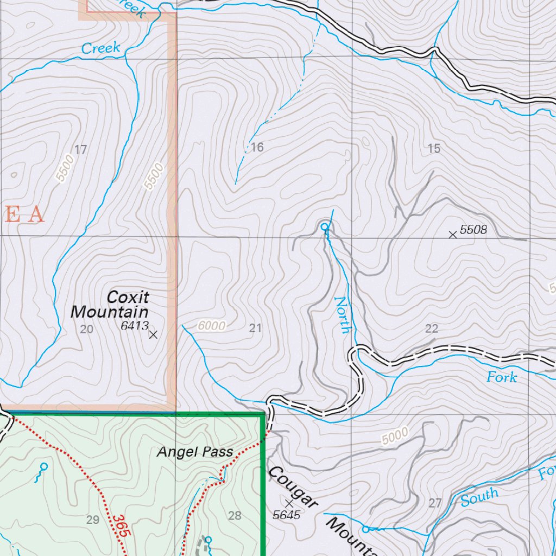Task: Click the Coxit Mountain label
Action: point(110,305)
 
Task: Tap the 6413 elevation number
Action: point(135,326)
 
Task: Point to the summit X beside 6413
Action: point(153,334)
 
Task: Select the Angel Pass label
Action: point(195,451)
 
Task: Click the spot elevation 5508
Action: point(473,230)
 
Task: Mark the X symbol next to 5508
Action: point(452,235)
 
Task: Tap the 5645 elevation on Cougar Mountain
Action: point(287,515)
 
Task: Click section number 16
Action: point(257,147)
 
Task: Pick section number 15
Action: point(434,149)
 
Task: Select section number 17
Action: point(80,150)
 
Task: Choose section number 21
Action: point(255,328)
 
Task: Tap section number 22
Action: point(432,328)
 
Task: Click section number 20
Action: point(86,329)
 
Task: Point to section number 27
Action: point(435,503)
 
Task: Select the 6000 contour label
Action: point(211,326)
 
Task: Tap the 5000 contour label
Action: point(395,435)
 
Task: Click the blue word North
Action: point(343,314)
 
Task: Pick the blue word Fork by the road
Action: point(502,377)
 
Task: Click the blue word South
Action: point(480,496)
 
